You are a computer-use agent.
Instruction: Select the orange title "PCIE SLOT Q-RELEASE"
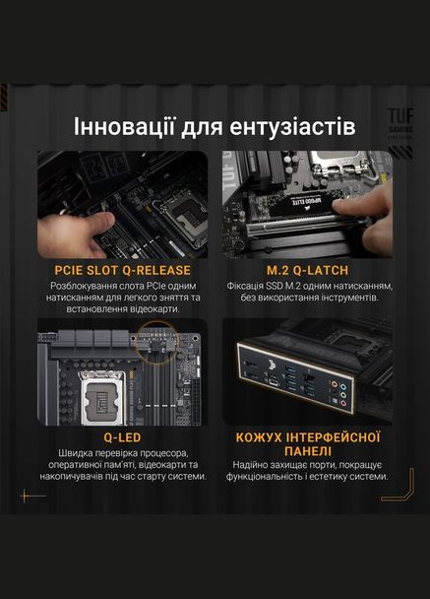tap(123, 269)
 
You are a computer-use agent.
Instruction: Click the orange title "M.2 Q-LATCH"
tap(307, 269)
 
